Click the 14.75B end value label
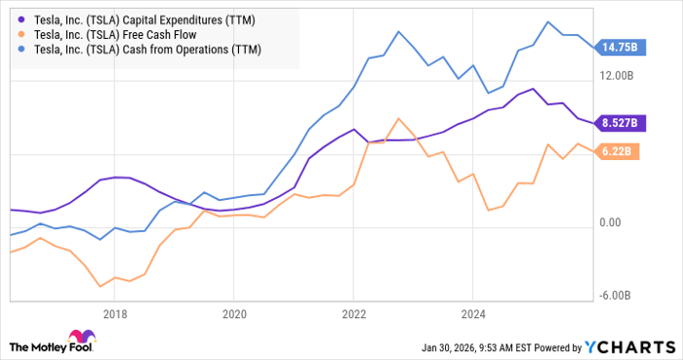[x=618, y=46]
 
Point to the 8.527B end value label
[x=618, y=123]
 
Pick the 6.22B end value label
[x=620, y=151]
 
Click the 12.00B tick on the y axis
[x=618, y=75]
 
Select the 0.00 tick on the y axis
[x=611, y=222]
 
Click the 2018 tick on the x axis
[x=115, y=314]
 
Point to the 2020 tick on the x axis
[x=234, y=314]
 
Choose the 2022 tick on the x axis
[x=353, y=314]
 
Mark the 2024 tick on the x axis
[x=472, y=314]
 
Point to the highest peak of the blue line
[x=549, y=21]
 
